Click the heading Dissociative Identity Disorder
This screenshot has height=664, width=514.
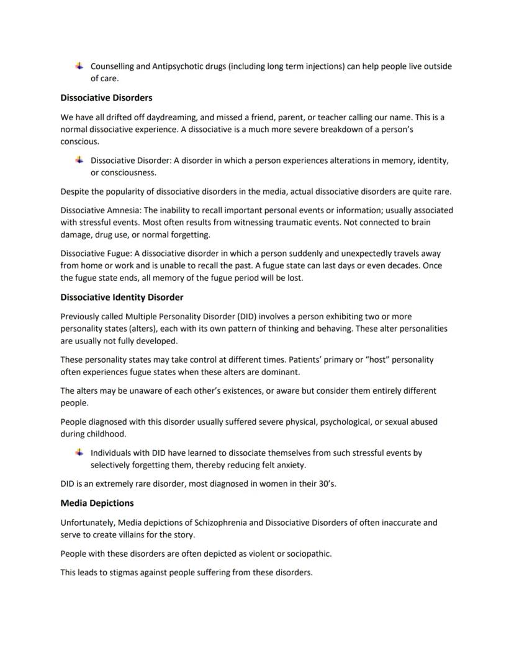122,297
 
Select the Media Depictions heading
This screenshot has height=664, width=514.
97,503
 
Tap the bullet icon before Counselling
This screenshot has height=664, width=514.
79,66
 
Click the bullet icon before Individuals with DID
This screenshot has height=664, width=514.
79,453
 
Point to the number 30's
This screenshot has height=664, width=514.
325,484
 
